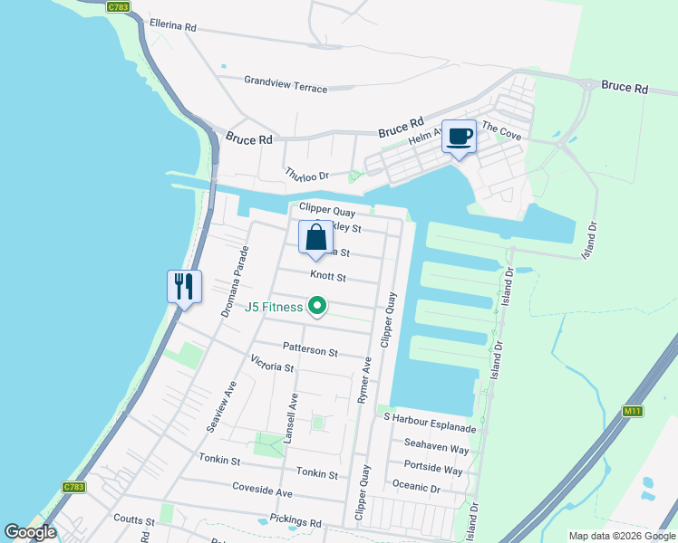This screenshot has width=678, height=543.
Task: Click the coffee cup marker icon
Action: click(459, 137)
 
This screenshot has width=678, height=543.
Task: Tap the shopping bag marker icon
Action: click(315, 238)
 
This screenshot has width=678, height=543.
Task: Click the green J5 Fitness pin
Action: click(317, 308)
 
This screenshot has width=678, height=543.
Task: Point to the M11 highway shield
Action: click(633, 411)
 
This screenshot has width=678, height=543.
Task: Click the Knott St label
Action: click(328, 276)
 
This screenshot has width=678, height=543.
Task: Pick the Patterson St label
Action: click(309, 349)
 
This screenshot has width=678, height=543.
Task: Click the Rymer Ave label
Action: click(366, 379)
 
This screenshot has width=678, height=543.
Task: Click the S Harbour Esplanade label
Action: click(429, 417)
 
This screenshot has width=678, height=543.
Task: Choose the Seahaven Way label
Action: click(436, 449)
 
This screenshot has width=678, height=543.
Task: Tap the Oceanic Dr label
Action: click(416, 488)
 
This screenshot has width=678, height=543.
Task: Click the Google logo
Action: click(30, 532)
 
